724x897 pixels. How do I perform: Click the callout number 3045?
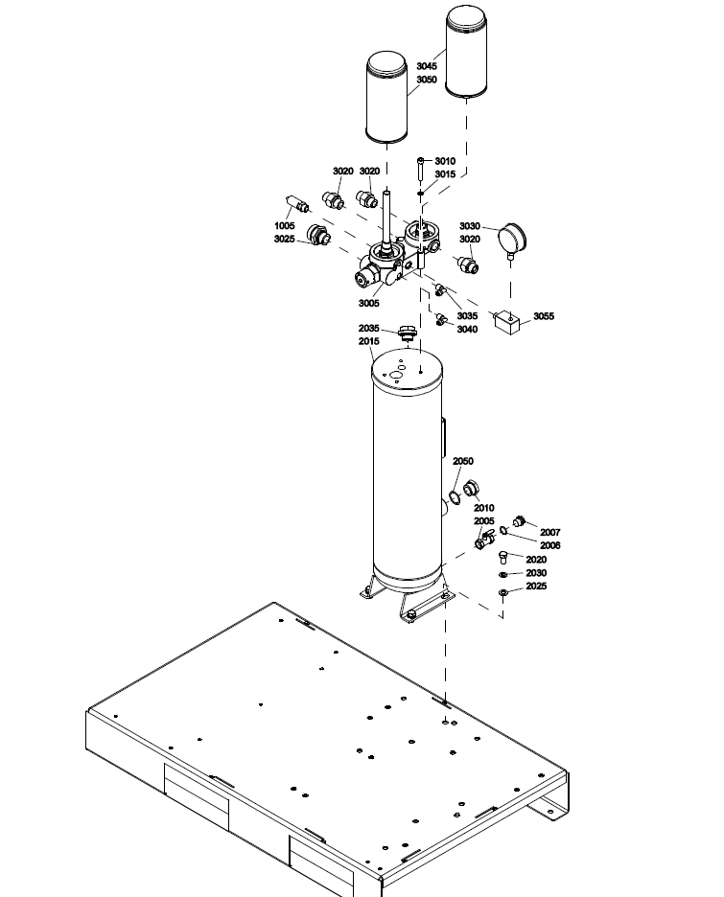click(x=427, y=66)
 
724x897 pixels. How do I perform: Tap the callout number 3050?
click(x=427, y=80)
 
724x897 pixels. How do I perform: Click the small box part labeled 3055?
click(x=505, y=322)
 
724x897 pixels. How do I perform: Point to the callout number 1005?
click(x=285, y=226)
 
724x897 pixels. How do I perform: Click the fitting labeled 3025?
click(x=318, y=234)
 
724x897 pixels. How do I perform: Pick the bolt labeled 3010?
click(x=421, y=168)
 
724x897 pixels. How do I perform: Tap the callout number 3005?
click(x=369, y=303)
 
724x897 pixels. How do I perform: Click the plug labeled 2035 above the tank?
click(x=407, y=333)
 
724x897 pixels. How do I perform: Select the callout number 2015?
click(x=369, y=341)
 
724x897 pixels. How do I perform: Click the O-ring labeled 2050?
click(x=455, y=497)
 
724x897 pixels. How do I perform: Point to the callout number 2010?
click(x=483, y=508)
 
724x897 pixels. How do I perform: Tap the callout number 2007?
click(x=550, y=533)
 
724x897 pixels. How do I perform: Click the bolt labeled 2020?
click(x=503, y=557)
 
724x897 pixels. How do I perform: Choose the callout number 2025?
click(x=536, y=586)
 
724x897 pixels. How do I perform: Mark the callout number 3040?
click(x=467, y=330)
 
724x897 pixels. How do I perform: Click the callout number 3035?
click(x=467, y=316)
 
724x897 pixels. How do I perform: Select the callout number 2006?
click(x=550, y=545)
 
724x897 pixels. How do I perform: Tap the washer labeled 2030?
click(x=503, y=574)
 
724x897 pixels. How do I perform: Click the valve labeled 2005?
click(x=484, y=539)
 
